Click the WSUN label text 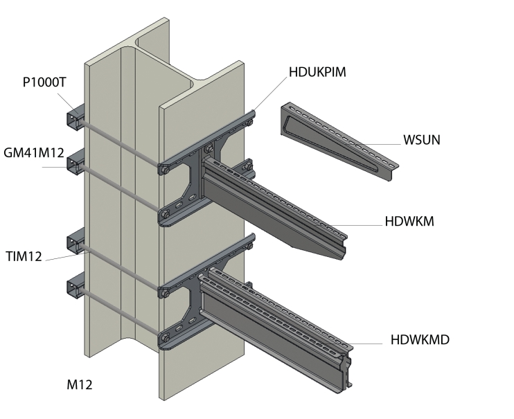click(x=422, y=140)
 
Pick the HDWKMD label click(x=420, y=339)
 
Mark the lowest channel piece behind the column click(x=74, y=288)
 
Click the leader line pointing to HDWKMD click(x=367, y=344)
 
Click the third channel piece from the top click(x=74, y=244)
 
